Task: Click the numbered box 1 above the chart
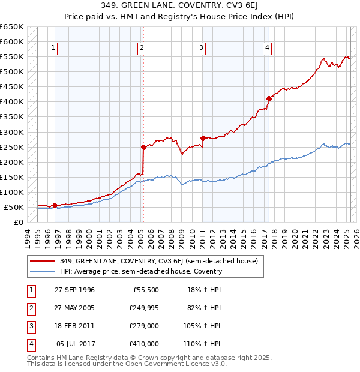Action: click(53, 49)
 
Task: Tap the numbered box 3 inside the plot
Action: click(202, 49)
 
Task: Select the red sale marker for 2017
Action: click(269, 98)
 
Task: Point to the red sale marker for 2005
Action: click(143, 147)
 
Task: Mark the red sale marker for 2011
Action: click(203, 138)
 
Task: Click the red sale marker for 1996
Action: click(55, 205)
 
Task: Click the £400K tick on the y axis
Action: click(11, 101)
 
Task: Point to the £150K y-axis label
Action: click(11, 177)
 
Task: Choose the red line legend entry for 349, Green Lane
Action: click(159, 261)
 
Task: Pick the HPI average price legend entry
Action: click(141, 271)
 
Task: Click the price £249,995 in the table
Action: click(143, 308)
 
